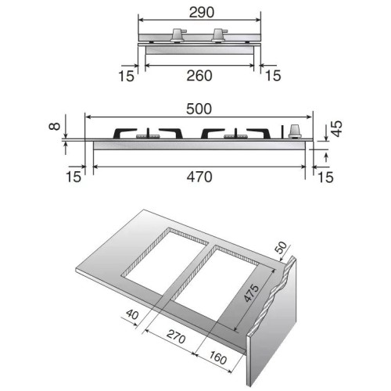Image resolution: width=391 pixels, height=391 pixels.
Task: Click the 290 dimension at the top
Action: click(199, 13)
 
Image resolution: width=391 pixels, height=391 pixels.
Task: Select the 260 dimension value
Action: click(199, 75)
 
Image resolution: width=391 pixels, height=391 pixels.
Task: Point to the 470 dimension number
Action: click(199, 178)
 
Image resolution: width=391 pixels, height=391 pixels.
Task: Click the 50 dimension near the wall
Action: click(281, 249)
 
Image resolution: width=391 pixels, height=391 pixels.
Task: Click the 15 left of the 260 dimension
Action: click(127, 75)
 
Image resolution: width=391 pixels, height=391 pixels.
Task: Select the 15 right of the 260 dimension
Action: click(272, 75)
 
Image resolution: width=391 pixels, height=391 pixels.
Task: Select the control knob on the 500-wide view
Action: click(296, 130)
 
